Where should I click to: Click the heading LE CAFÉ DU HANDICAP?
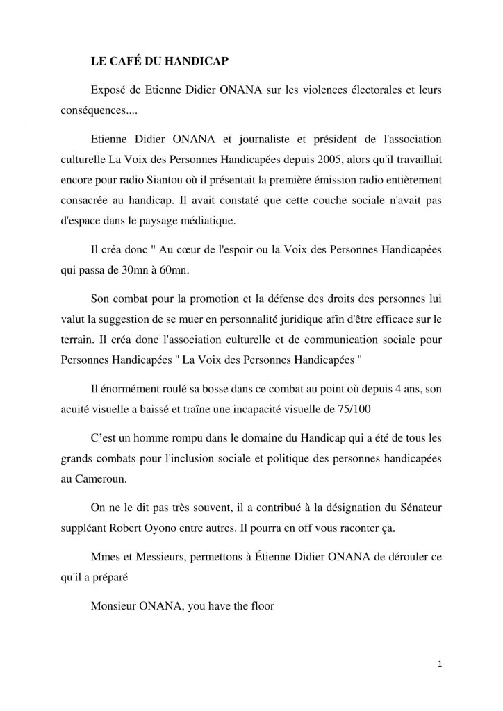click(x=160, y=60)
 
